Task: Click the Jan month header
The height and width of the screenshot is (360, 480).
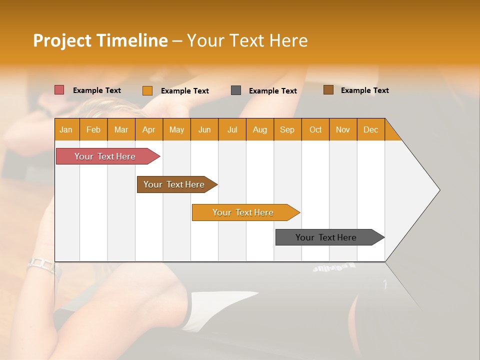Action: pos(66,129)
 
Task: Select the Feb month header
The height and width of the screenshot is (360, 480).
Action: pos(93,129)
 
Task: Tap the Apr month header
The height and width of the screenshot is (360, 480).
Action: pos(149,129)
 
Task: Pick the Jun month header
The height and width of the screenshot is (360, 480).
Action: pos(204,129)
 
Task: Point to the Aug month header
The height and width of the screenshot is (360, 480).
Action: pos(260,129)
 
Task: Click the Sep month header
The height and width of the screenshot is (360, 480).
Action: pos(287,129)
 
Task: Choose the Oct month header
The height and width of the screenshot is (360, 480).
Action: pos(315,129)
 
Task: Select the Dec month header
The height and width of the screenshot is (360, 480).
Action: pos(371,129)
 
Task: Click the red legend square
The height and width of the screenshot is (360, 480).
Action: pos(59,90)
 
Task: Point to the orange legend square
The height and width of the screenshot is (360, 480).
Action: pos(147,90)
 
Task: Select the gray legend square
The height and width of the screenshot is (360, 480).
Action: pos(236,90)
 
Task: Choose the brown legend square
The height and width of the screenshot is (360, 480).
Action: pos(328,90)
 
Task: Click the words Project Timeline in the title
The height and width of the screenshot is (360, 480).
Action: pos(100,40)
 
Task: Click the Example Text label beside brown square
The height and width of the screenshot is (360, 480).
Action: pos(365,90)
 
